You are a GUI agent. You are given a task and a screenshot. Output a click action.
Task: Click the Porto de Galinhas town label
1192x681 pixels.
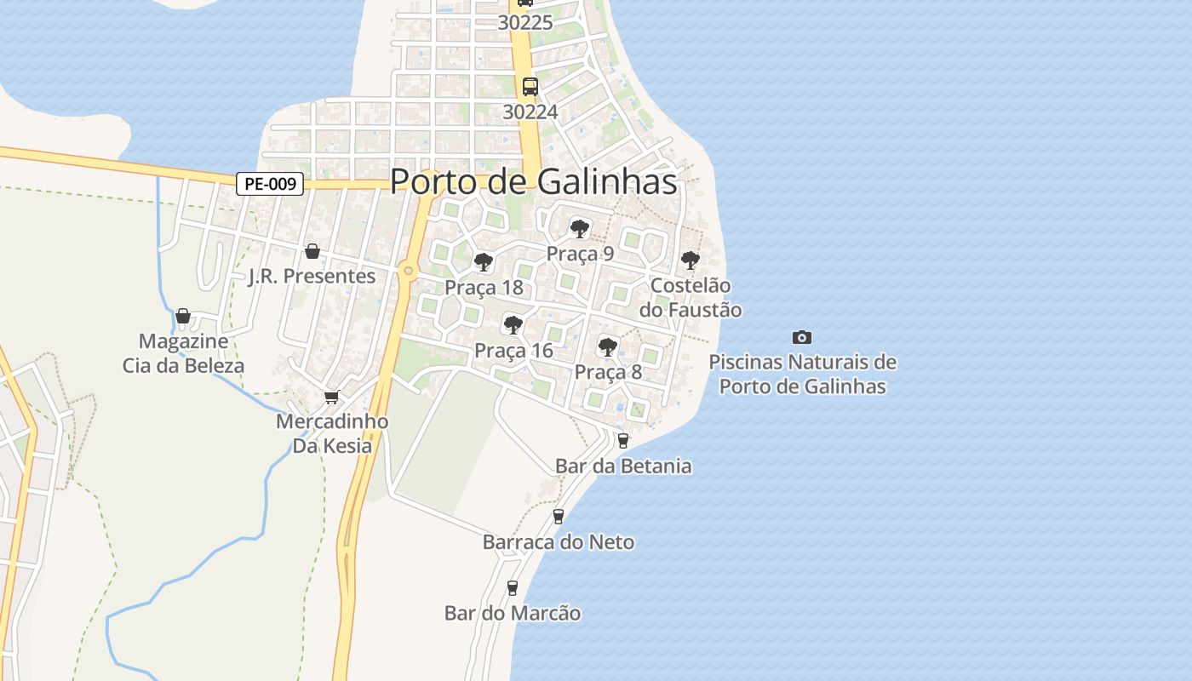[533, 181]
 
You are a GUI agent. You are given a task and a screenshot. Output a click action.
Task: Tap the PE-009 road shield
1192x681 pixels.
[270, 183]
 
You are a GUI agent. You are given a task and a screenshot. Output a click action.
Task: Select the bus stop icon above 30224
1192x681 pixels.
[530, 86]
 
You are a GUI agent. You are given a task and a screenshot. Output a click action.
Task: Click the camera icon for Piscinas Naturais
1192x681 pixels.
[801, 337]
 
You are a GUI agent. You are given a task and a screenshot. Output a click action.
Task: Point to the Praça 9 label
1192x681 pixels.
[580, 254]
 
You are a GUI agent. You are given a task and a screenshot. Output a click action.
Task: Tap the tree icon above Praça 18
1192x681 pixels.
[484, 261]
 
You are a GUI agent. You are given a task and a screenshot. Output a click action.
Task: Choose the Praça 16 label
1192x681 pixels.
[513, 350]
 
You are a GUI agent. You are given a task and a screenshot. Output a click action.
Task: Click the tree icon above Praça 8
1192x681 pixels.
[607, 346]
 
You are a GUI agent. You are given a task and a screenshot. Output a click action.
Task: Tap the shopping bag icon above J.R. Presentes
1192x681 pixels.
[312, 251]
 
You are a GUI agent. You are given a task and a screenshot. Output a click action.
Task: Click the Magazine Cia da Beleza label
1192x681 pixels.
[183, 353]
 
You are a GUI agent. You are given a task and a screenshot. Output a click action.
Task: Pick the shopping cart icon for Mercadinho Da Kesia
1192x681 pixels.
[332, 397]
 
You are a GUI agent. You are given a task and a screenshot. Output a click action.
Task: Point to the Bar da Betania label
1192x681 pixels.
[623, 466]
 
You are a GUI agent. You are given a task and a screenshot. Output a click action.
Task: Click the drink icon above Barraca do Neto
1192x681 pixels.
[559, 516]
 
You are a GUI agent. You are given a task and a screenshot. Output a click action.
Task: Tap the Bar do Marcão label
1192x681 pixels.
[513, 613]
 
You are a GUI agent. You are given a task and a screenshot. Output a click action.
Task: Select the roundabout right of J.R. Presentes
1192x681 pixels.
[409, 272]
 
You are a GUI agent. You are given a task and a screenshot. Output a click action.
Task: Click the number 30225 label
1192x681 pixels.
[525, 23]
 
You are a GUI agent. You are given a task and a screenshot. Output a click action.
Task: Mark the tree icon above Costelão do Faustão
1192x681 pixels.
[690, 260]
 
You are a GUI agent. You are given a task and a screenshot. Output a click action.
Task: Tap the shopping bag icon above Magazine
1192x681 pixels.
[183, 317]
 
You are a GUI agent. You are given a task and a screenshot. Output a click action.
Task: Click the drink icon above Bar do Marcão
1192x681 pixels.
[513, 587]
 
